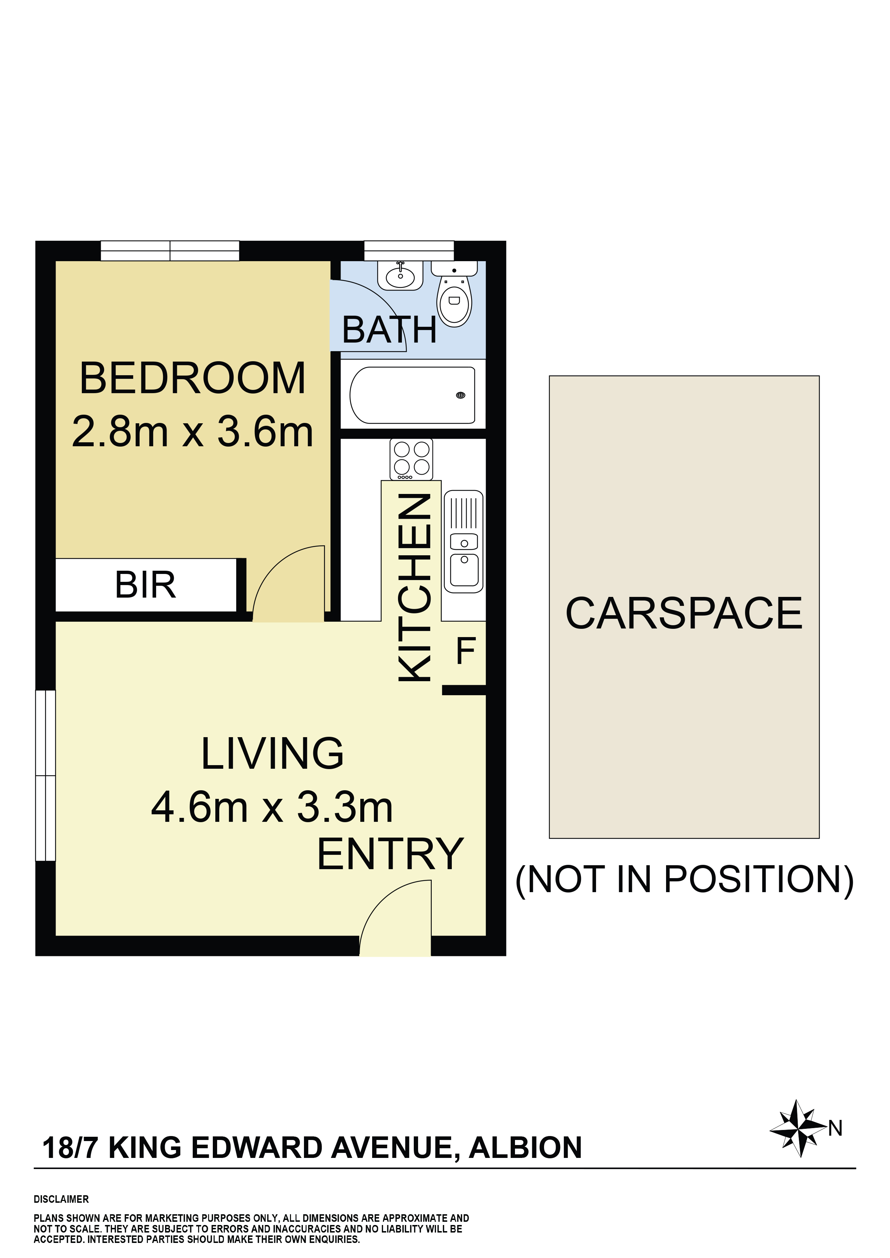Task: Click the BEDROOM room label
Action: point(192,378)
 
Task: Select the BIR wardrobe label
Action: point(145,585)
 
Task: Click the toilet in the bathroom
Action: point(454,294)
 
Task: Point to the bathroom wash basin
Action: point(400,275)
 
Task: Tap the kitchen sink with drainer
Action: point(464,541)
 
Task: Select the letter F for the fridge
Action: point(466,651)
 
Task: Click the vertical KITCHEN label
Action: point(414,587)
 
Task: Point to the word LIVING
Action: point(272,753)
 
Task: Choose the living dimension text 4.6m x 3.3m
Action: point(272,807)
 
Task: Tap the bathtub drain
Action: point(461,395)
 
